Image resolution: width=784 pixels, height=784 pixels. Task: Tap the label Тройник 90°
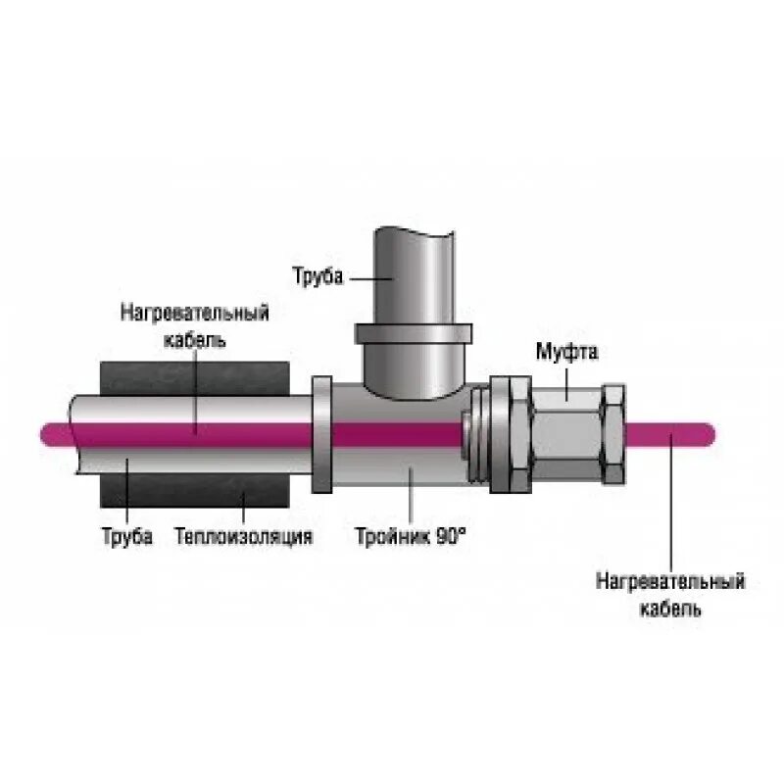[411, 537]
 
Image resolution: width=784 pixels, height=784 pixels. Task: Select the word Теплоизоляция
[244, 537]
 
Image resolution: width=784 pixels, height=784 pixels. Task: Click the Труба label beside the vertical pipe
[318, 277]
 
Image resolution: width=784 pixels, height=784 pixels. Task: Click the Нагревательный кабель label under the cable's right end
[670, 594]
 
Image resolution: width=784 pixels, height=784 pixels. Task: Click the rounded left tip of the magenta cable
[45, 432]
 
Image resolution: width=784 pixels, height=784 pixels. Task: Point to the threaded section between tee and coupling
[477, 431]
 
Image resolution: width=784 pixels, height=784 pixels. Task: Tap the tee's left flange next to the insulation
[319, 431]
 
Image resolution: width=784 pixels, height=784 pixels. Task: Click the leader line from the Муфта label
[568, 377]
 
